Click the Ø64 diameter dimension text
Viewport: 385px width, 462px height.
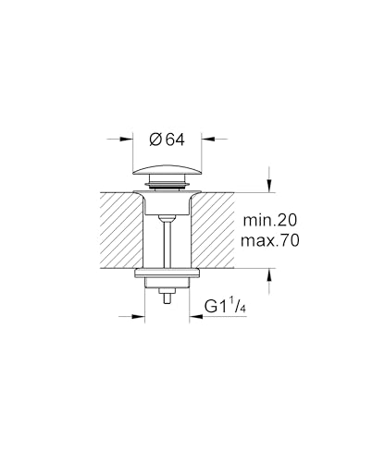(168, 140)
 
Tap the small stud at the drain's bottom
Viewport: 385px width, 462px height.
(167, 297)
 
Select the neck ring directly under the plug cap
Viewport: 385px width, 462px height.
(167, 189)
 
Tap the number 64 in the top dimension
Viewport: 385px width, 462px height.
(175, 140)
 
